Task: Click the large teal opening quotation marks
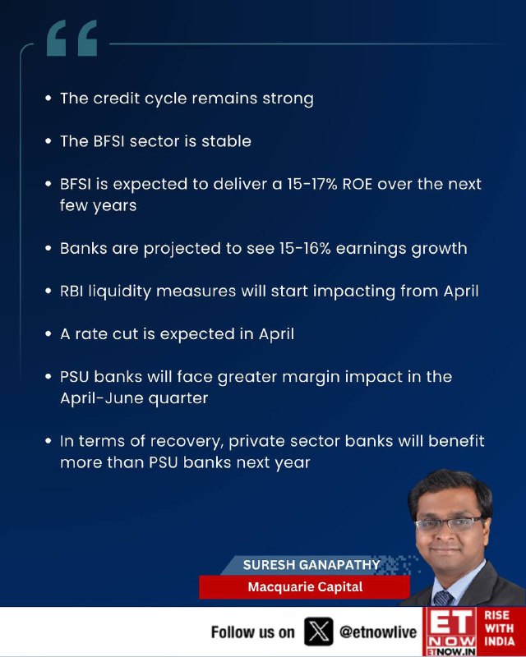point(72,38)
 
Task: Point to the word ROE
point(358,184)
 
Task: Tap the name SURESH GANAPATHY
point(311,565)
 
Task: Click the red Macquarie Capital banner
point(305,586)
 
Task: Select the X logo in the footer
point(319,632)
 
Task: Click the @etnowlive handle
point(378,632)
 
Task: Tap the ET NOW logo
point(450,632)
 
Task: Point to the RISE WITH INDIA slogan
point(499,628)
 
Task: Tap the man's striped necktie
point(443,598)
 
